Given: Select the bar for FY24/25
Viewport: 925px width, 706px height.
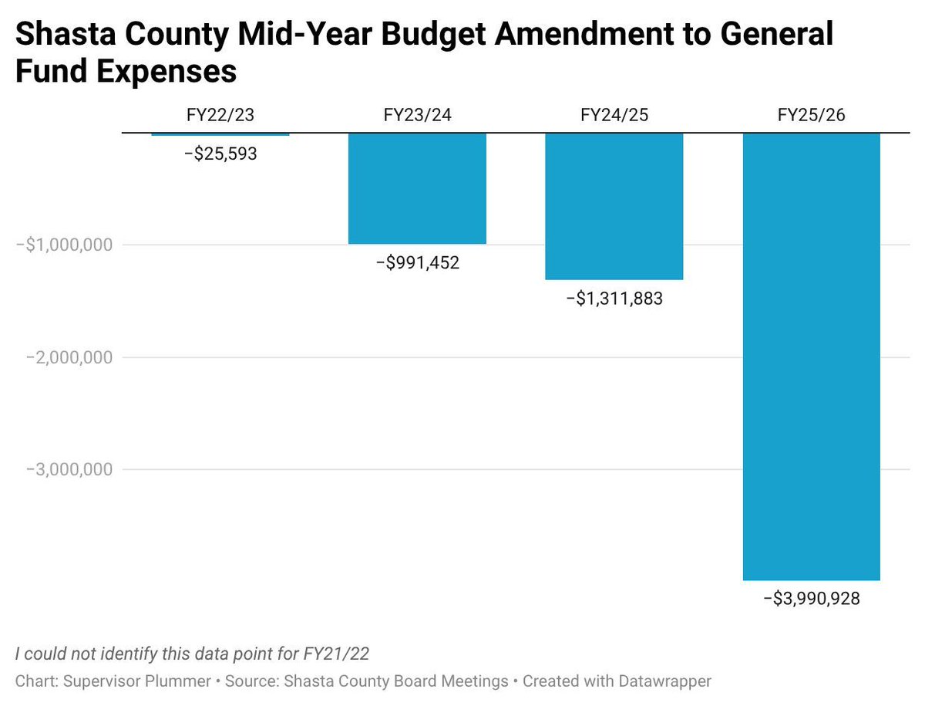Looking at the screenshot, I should click(x=614, y=206).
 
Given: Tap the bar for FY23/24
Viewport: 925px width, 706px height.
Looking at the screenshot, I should click(x=417, y=188).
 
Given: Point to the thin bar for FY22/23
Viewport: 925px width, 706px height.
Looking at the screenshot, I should click(x=220, y=135).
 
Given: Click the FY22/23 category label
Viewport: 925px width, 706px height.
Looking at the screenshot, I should click(x=220, y=116).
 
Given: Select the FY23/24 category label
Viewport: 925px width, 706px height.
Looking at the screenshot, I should click(x=417, y=116).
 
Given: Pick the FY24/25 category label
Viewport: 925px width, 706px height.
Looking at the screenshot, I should click(x=614, y=116).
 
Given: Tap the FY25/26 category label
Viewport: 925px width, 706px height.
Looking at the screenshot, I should click(x=811, y=116).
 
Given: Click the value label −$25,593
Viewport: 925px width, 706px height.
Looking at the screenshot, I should click(x=220, y=154).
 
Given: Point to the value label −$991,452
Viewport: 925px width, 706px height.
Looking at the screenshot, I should click(x=417, y=263).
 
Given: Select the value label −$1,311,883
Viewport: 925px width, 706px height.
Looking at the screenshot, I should click(x=614, y=299).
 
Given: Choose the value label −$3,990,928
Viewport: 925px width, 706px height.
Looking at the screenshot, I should click(x=811, y=599).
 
